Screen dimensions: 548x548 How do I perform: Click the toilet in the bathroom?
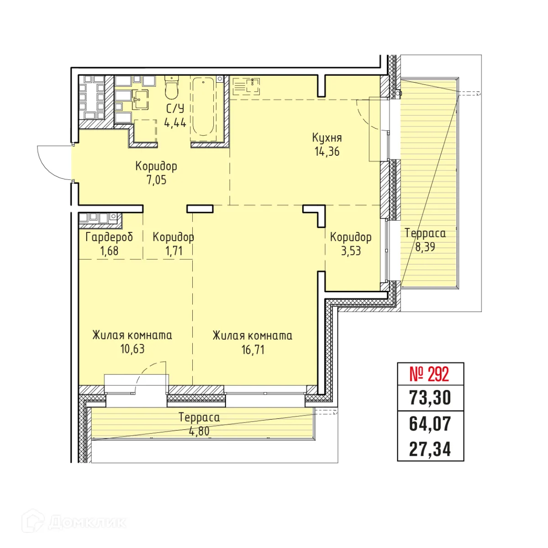click(171, 87)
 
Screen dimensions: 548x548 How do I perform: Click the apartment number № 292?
click(429, 374)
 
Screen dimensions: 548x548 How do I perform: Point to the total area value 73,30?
click(430, 398)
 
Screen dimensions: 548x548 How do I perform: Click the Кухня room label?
click(327, 138)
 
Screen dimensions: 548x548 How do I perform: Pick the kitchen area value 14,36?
click(327, 151)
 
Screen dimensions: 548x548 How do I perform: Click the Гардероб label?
click(109, 237)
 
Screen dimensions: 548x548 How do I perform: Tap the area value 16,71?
click(253, 350)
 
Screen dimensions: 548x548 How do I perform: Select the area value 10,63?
click(132, 349)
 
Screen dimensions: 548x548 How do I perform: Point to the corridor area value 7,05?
click(156, 180)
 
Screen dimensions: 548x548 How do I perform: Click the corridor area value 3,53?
click(351, 251)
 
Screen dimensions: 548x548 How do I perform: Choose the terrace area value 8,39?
click(425, 247)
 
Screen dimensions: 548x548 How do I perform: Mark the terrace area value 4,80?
click(199, 431)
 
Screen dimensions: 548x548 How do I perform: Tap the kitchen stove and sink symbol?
click(246, 86)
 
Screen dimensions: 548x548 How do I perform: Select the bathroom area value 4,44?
click(175, 123)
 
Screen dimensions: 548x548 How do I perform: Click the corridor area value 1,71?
click(174, 251)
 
